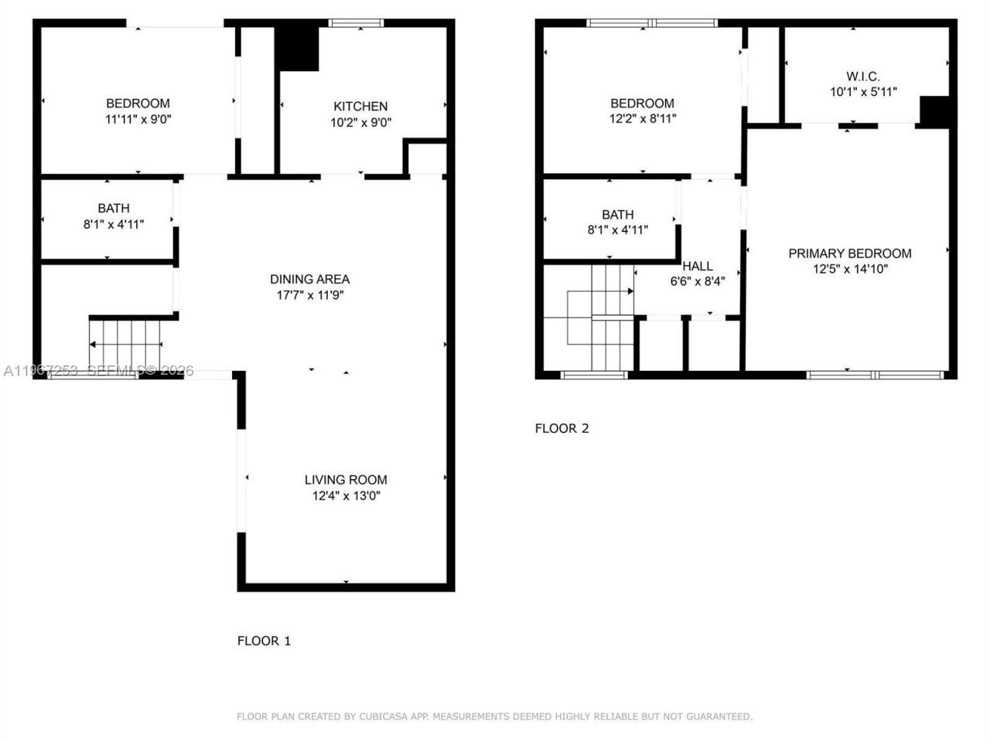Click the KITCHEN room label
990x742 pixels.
pyautogui.click(x=360, y=106)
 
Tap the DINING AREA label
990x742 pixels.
pyautogui.click(x=309, y=279)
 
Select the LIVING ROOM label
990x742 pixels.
pyautogui.click(x=346, y=480)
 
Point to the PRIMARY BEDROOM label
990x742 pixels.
pyautogui.click(x=849, y=254)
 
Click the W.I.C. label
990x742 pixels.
pyautogui.click(x=862, y=77)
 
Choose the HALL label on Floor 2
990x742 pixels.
pyautogui.click(x=697, y=266)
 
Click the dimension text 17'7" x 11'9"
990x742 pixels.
pyautogui.click(x=309, y=295)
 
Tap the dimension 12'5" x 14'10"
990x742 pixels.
pyautogui.click(x=849, y=270)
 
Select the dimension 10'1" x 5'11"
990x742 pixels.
pyautogui.click(x=862, y=92)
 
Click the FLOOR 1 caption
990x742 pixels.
pyautogui.click(x=264, y=641)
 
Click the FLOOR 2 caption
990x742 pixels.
pyautogui.click(x=562, y=428)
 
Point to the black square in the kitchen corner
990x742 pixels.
pyautogui.click(x=298, y=49)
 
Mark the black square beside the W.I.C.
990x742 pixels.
pyautogui.click(x=934, y=111)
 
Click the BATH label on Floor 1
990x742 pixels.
pyautogui.click(x=114, y=208)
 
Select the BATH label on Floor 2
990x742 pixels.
pyautogui.click(x=617, y=214)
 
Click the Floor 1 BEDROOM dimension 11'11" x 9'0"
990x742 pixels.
pyautogui.click(x=138, y=120)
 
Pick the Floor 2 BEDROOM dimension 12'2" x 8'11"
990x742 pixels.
pyautogui.click(x=642, y=120)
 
